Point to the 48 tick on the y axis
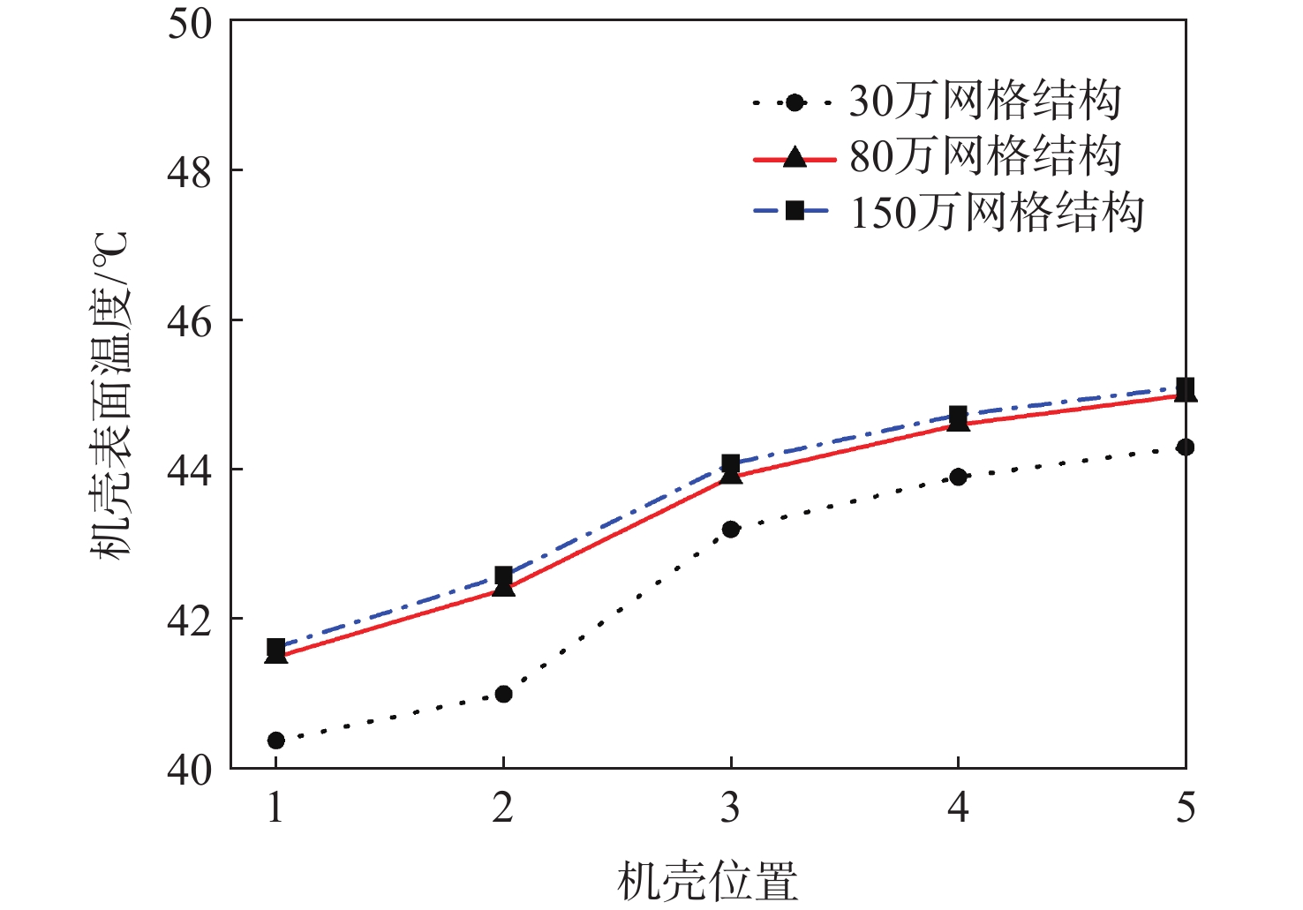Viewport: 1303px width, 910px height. point(190,171)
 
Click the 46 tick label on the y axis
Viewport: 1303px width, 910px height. point(190,321)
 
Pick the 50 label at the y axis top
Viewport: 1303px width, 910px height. point(190,23)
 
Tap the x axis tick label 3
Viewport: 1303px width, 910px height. point(730,807)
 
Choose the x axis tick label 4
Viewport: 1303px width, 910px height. point(958,807)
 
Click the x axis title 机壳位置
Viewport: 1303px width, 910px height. point(707,880)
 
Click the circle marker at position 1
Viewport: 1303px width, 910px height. point(275,740)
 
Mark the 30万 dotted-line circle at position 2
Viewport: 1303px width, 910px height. point(503,694)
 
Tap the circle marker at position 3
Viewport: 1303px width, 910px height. point(730,529)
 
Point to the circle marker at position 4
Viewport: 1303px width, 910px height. point(958,477)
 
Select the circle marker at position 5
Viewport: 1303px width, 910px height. point(1185,447)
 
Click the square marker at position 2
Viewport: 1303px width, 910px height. point(503,575)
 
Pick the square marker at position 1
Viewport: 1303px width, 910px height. point(275,648)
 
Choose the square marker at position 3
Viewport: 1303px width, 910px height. point(730,463)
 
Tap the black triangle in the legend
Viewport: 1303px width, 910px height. point(795,158)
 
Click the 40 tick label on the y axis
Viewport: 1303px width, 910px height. point(190,770)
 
